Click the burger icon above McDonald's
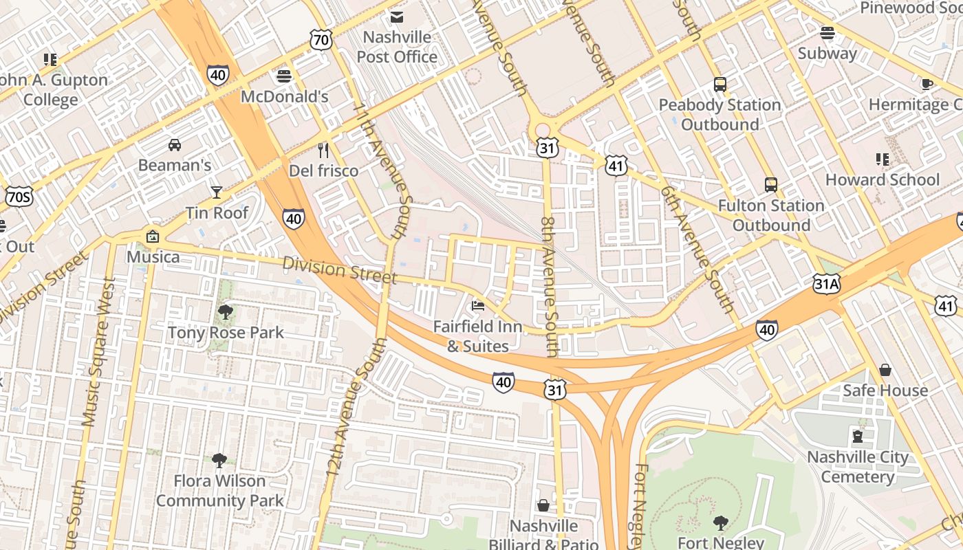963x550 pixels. (283, 76)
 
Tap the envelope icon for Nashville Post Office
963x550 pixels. (397, 17)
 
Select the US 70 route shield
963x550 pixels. (321, 40)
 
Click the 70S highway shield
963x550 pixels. (18, 197)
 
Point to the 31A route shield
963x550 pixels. (826, 283)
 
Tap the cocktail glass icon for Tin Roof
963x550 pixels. (217, 192)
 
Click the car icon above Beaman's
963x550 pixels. (175, 145)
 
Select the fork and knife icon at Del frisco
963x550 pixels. (323, 150)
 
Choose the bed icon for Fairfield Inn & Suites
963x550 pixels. (478, 306)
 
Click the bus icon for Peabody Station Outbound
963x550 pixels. (719, 85)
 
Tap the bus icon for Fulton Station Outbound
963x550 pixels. (770, 185)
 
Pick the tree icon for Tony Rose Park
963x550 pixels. (225, 313)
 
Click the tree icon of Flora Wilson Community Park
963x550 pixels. (219, 461)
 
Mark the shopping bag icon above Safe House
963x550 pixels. (885, 370)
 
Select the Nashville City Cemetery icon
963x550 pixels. (857, 436)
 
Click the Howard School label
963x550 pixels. (882, 179)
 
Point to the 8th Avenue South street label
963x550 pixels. (549, 287)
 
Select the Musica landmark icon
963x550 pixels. (153, 236)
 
